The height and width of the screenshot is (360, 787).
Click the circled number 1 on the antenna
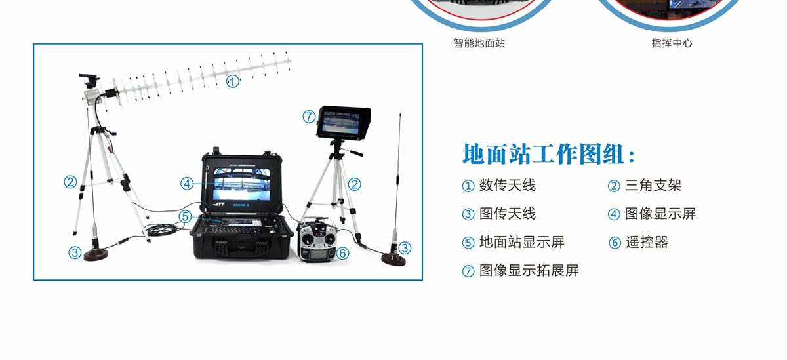tap(232, 81)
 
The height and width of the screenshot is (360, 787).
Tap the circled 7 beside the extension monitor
tap(309, 117)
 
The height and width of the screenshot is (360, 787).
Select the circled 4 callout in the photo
tap(187, 184)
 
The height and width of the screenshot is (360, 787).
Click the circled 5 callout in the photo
tap(185, 216)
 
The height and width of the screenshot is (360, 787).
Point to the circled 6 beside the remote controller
tap(342, 253)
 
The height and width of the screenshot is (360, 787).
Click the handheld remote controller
tap(317, 240)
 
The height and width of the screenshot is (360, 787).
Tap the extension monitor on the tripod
tap(344, 123)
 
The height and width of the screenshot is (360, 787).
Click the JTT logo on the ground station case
tap(219, 204)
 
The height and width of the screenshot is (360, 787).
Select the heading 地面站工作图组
tap(548, 154)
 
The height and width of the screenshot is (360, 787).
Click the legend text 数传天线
tap(508, 186)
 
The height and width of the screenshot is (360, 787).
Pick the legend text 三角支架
tap(653, 186)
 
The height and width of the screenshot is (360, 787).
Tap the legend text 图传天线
tap(508, 214)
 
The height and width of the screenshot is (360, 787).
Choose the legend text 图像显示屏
tap(660, 214)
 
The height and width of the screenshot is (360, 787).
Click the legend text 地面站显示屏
tap(522, 243)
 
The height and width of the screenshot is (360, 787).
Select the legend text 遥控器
tap(647, 243)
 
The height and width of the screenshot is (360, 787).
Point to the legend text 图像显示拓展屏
tap(529, 271)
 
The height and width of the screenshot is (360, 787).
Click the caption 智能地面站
tap(479, 43)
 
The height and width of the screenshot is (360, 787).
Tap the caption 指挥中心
tap(672, 43)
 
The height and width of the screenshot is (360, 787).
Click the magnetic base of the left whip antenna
tap(96, 254)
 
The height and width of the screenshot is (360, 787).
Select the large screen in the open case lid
tap(242, 184)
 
